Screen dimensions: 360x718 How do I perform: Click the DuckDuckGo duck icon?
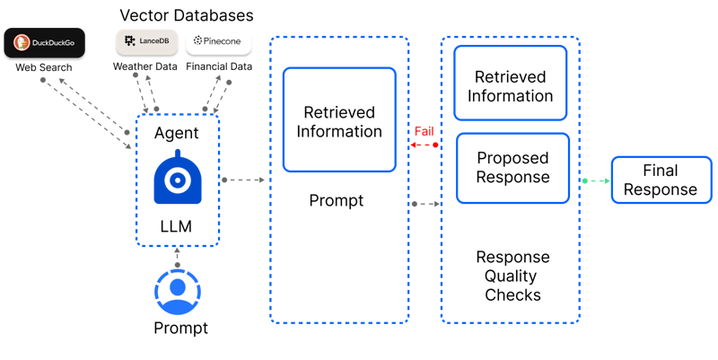22,42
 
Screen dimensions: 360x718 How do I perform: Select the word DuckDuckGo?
53,42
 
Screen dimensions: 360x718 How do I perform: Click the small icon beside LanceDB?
130,40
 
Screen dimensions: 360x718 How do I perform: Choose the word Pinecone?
224,41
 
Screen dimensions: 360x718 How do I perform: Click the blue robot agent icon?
178,178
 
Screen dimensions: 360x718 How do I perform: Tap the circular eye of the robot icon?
178,181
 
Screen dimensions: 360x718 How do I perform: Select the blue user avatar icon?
178,290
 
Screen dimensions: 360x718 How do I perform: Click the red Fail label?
424,131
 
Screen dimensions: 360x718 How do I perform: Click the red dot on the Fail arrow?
436,145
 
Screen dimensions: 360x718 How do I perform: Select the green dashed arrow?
598,181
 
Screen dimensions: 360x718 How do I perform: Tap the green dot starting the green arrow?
584,181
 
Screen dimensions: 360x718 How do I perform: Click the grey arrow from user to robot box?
178,256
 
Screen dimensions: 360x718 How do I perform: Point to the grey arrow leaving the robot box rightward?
242,180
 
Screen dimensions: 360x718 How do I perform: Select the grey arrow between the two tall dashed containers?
425,205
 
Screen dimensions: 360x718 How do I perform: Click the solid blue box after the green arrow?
661,180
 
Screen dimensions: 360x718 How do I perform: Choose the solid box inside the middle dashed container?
339,119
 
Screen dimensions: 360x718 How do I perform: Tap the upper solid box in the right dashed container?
510,83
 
